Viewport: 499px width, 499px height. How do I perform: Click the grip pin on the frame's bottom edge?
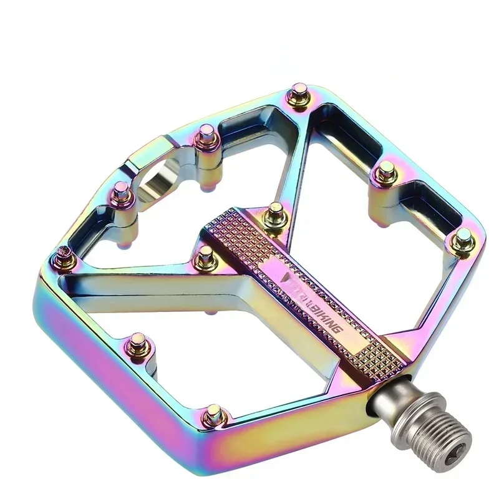213,412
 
